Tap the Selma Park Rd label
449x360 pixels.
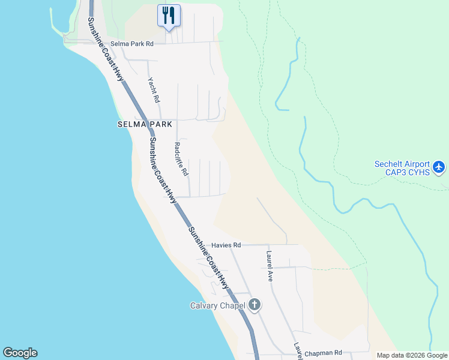click(x=133, y=44)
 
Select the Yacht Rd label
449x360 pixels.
click(x=154, y=90)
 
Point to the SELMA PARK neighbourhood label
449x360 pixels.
click(x=145, y=124)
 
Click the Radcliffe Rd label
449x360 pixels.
click(x=181, y=158)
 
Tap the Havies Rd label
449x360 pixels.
click(x=226, y=245)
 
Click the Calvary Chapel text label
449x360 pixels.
click(x=218, y=305)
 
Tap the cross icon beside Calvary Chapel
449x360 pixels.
click(x=255, y=305)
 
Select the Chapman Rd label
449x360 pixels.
click(x=323, y=353)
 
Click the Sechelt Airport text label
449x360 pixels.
click(x=402, y=164)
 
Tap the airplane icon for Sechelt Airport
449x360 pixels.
click(x=439, y=166)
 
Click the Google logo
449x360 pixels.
click(x=20, y=353)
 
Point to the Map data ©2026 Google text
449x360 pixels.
click(x=412, y=355)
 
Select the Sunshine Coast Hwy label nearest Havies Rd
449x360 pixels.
click(x=208, y=259)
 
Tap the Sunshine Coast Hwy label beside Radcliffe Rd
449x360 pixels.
click(x=162, y=170)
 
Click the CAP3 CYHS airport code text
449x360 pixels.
click(x=402, y=173)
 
